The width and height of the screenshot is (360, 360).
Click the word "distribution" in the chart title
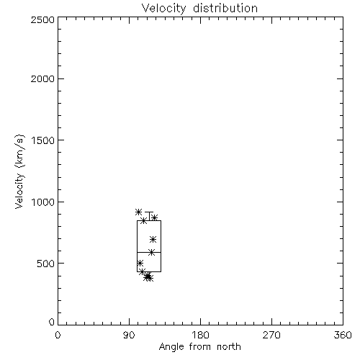225,9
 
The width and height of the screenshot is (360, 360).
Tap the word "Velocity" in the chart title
164,9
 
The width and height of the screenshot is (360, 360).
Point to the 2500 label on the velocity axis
42,19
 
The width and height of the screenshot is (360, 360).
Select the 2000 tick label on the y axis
42,78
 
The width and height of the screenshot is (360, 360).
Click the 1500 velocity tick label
43,140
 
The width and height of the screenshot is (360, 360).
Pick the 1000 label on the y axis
43,202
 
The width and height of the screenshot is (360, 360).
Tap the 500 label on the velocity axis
46,264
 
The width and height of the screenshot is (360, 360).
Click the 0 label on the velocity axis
52,322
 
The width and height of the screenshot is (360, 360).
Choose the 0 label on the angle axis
58,335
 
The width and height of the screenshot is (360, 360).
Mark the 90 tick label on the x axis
129,335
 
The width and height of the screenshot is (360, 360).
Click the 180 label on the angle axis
200,335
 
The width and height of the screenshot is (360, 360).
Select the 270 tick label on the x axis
271,335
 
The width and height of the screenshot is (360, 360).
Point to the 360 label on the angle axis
343,335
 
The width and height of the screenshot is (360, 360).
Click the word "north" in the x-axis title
229,347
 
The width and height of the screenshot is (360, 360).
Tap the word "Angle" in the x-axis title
171,347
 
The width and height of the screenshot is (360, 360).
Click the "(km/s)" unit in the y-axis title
19,151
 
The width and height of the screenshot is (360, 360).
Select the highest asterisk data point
138,212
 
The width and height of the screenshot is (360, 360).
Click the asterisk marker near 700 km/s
153,239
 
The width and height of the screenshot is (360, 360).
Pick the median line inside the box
149,252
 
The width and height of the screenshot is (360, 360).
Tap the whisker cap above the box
149,212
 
